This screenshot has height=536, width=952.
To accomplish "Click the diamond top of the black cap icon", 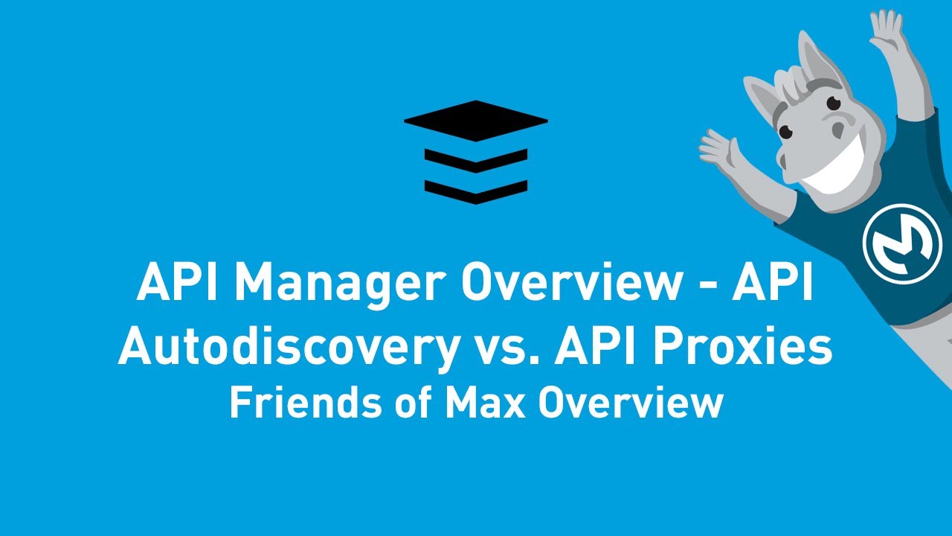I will pyautogui.click(x=476, y=120).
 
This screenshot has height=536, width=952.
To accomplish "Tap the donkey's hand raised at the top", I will pyautogui.click(x=887, y=30).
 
